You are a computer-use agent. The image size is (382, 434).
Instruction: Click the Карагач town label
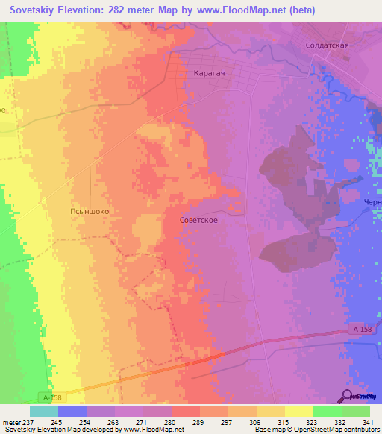(x=209, y=75)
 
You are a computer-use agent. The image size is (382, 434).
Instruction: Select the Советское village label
(x=198, y=221)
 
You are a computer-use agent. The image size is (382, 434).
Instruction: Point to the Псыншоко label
(x=90, y=211)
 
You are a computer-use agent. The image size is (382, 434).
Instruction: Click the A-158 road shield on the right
(x=361, y=330)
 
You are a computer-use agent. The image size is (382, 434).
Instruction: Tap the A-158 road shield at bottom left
(x=48, y=399)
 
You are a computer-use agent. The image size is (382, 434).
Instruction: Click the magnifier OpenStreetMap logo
(x=348, y=396)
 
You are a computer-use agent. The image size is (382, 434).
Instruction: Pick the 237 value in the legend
(x=29, y=421)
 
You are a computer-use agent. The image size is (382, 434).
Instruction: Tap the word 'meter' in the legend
(x=12, y=421)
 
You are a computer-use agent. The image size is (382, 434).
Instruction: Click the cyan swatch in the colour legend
(x=43, y=411)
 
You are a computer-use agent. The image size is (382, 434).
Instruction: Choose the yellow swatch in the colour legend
(x=299, y=411)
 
